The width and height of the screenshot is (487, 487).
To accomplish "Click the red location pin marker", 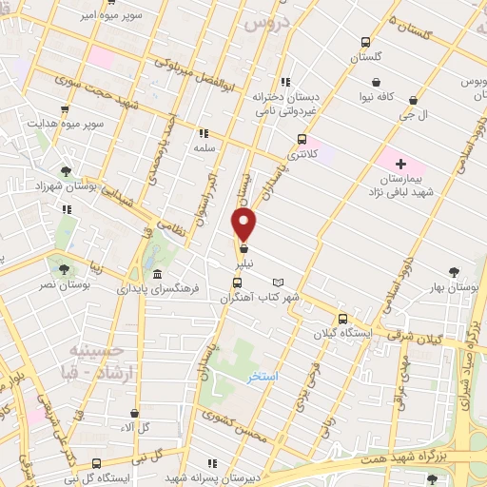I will tap(244, 224).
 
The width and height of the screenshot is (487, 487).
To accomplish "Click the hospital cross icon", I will tap(401, 164).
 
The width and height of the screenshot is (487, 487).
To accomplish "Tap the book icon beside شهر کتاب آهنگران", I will tap(278, 282).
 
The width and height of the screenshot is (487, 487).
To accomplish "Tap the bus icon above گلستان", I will tap(365, 42).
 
